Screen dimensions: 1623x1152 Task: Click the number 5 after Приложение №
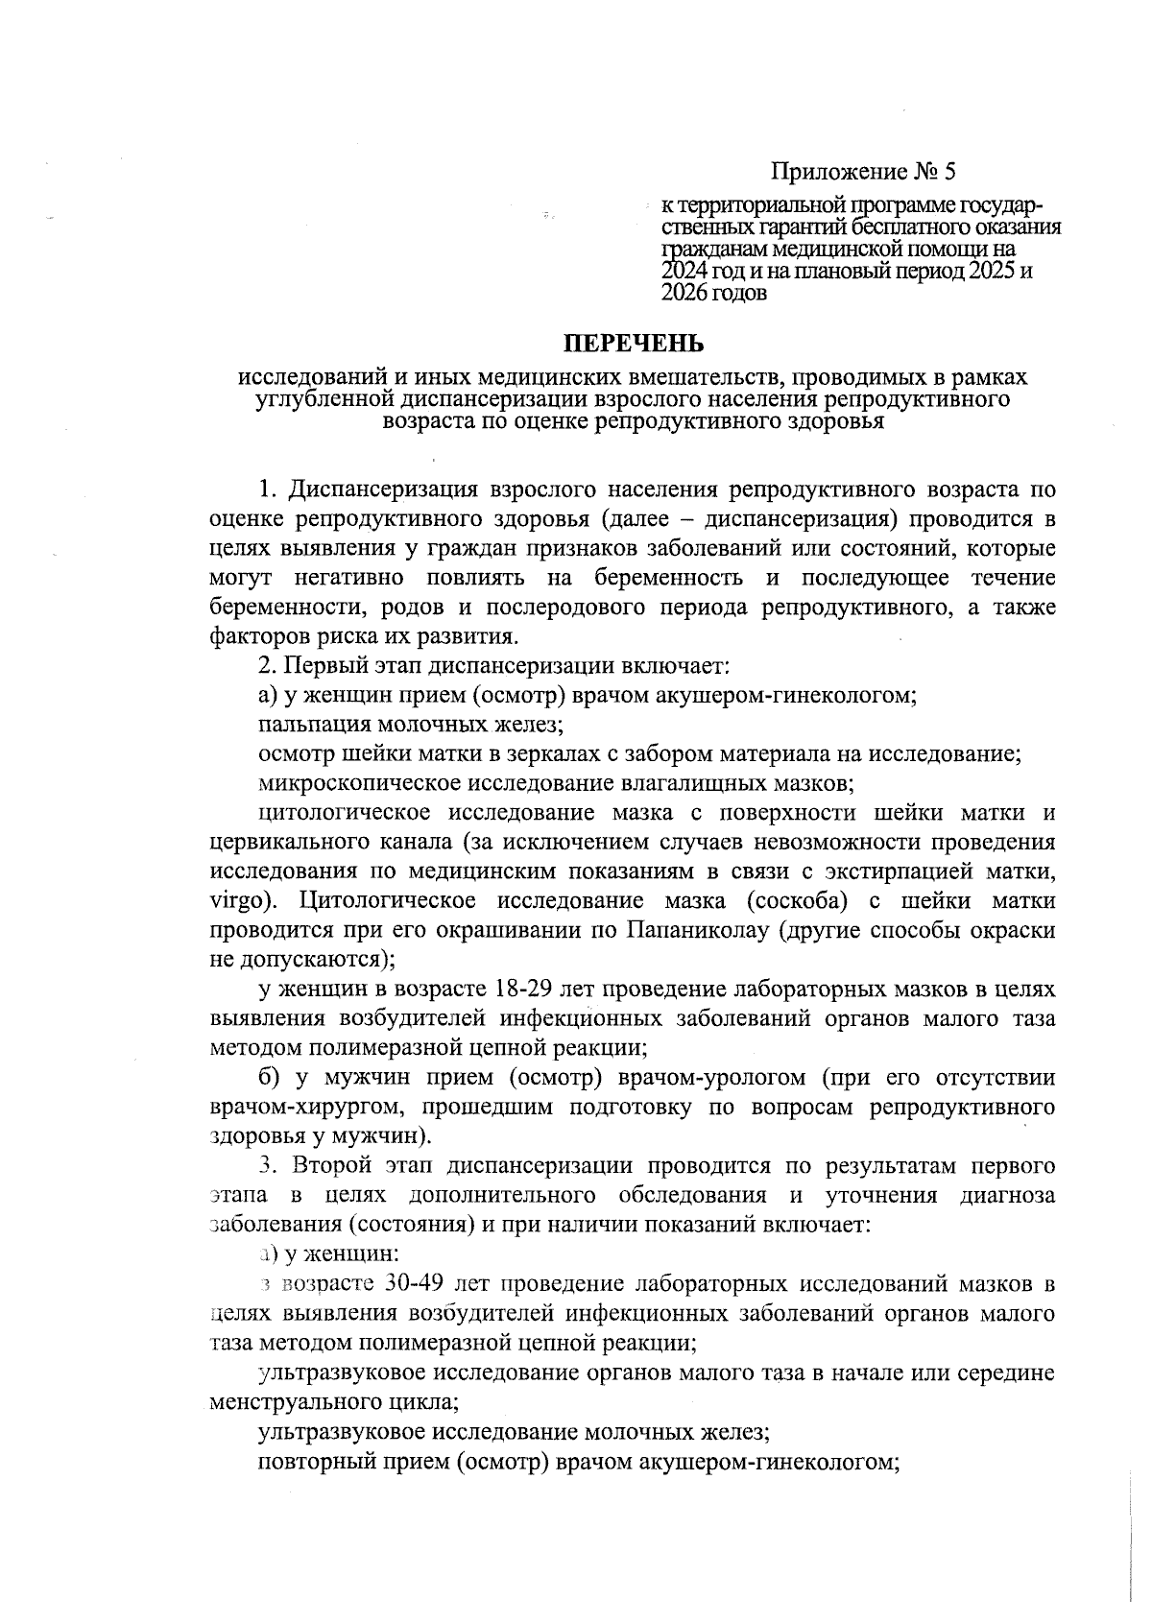tap(949, 173)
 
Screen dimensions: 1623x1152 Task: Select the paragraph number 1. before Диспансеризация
tap(268, 490)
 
